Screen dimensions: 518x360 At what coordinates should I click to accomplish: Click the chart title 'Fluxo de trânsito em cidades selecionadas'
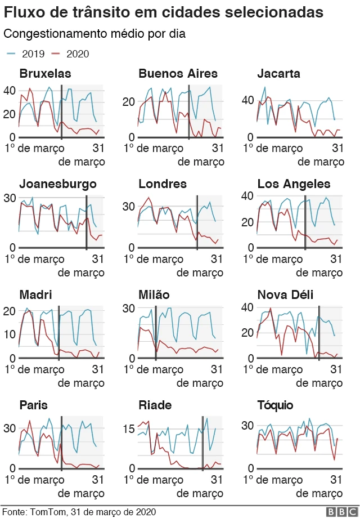164,12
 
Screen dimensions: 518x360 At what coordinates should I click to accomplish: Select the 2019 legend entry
22,54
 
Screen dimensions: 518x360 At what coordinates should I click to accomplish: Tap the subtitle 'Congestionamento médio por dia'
94,34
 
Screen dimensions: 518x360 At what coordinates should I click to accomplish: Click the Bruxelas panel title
45,74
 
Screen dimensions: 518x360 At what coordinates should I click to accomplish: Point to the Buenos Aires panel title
178,74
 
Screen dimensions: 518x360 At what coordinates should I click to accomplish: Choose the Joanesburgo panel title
58,184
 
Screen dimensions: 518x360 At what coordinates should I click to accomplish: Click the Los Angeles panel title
294,184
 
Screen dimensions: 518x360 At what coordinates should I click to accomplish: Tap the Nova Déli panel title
285,295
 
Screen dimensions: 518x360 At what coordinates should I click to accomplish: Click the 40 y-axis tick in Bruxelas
10,90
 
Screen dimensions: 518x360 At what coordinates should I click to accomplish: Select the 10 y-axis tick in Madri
10,334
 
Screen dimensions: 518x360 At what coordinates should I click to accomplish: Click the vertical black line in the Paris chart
61,445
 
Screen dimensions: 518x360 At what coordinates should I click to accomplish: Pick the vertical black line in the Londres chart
197,222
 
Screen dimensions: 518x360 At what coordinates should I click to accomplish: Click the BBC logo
339,511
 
